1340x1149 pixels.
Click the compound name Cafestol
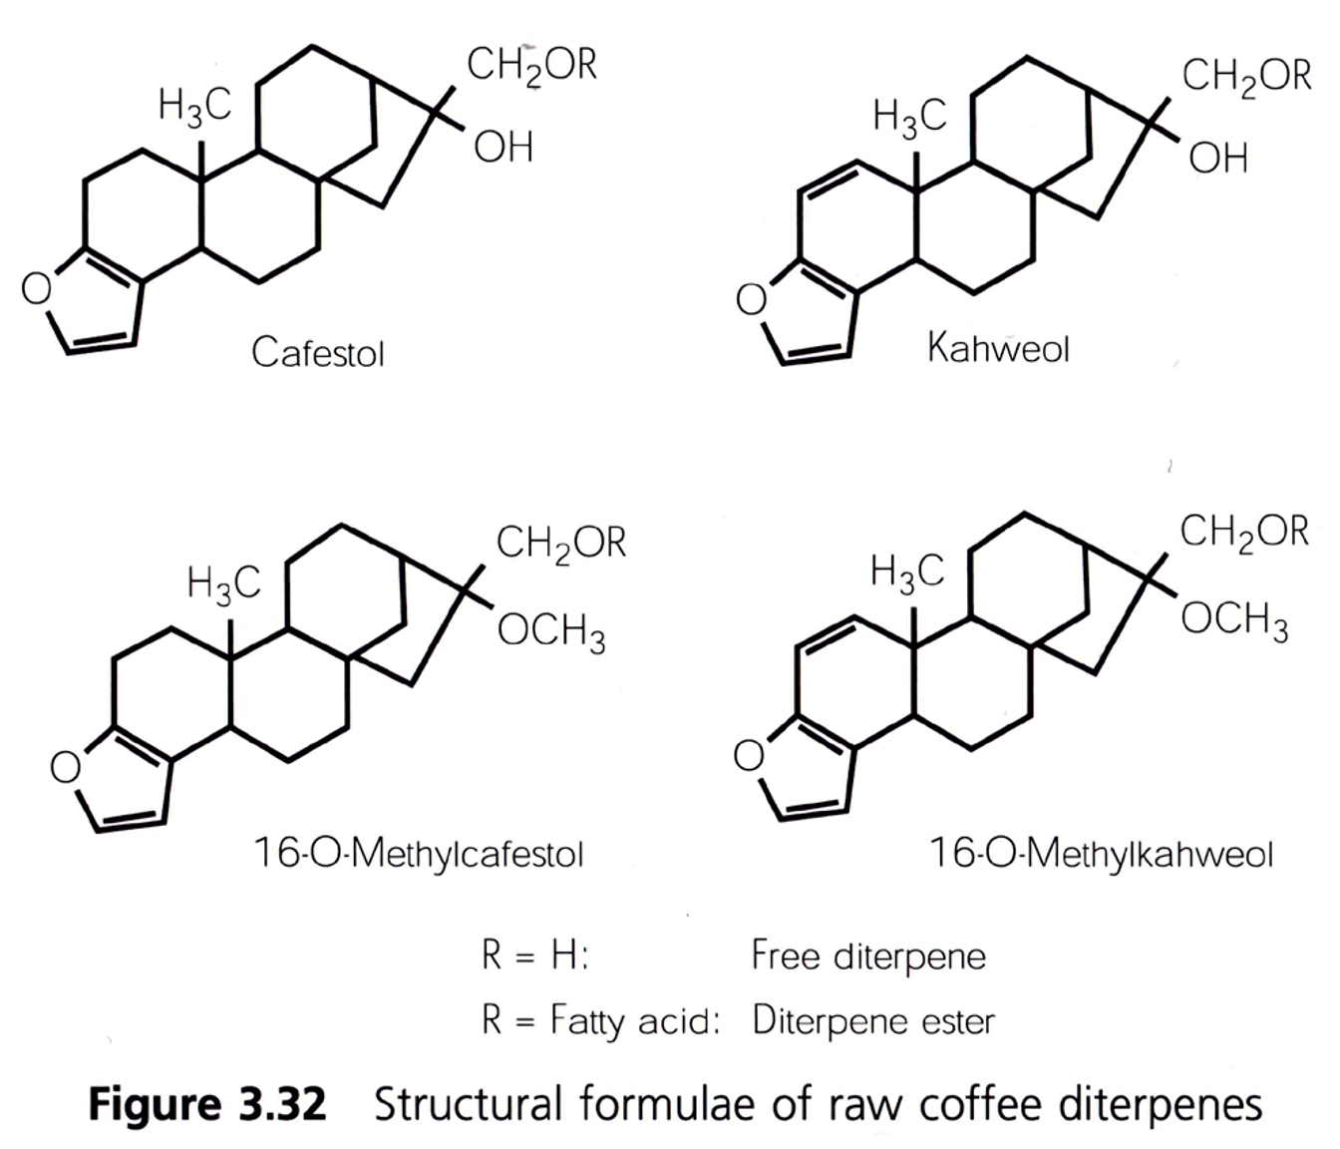click(x=317, y=352)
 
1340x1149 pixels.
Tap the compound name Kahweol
click(x=997, y=348)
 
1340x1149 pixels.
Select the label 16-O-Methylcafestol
click(x=419, y=854)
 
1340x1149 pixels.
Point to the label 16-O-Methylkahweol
click(x=1102, y=854)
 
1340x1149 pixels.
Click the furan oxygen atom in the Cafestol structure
click(x=37, y=290)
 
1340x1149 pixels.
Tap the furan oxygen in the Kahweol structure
click(x=751, y=299)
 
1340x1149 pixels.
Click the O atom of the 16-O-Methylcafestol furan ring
click(x=66, y=768)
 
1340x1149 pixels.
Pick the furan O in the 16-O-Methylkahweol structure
click(x=749, y=756)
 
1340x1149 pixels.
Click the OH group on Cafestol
click(x=503, y=148)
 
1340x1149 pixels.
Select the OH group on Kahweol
click(x=1217, y=158)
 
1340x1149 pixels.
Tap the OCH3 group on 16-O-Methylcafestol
click(x=551, y=631)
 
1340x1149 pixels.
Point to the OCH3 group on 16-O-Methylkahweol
click(x=1234, y=619)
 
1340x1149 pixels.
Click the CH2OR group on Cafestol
click(x=532, y=66)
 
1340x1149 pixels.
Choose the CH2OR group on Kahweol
click(x=1246, y=76)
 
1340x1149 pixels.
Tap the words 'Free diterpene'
click(x=868, y=956)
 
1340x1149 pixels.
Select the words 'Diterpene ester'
click(x=873, y=1020)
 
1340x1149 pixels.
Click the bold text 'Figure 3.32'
click(x=207, y=1105)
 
